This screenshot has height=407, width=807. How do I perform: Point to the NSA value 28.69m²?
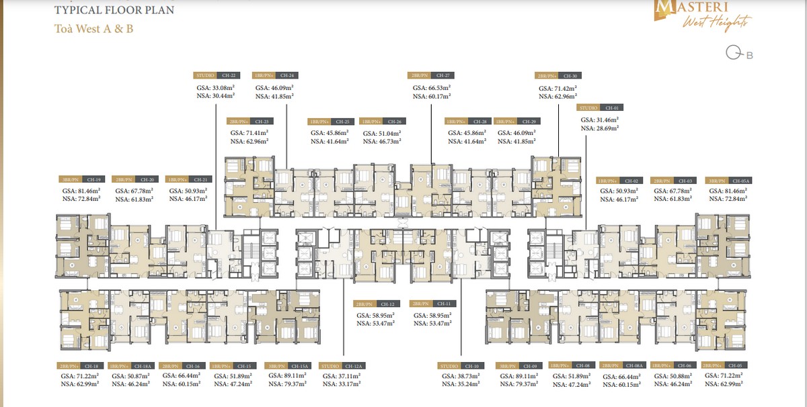coord(600,128)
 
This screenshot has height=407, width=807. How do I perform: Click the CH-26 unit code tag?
coord(394,122)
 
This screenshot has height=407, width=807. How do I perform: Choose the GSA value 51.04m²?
coord(382,134)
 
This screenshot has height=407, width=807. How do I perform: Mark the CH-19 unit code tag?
coord(94,180)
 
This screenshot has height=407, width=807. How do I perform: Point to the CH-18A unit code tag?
coord(147,366)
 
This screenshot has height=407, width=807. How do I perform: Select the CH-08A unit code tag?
coord(637,366)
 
